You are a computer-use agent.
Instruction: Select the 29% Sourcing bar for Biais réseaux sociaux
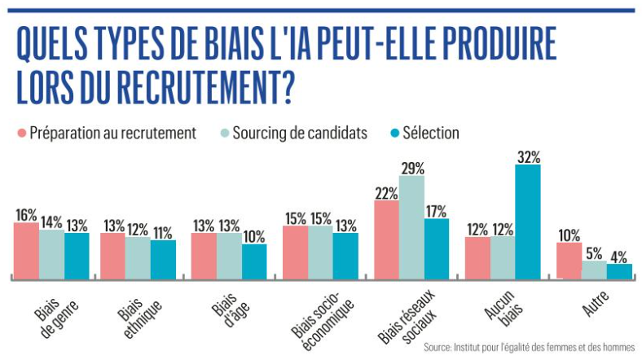click(411, 227)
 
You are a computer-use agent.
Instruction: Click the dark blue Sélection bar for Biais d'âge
click(254, 261)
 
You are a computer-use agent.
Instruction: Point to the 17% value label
click(437, 210)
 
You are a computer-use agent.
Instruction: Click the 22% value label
click(386, 193)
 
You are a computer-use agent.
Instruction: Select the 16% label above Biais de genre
click(26, 215)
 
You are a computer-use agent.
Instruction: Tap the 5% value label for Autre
click(595, 253)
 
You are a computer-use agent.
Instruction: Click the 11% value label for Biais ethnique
click(163, 232)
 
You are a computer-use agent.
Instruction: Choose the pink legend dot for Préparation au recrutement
click(21, 133)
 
